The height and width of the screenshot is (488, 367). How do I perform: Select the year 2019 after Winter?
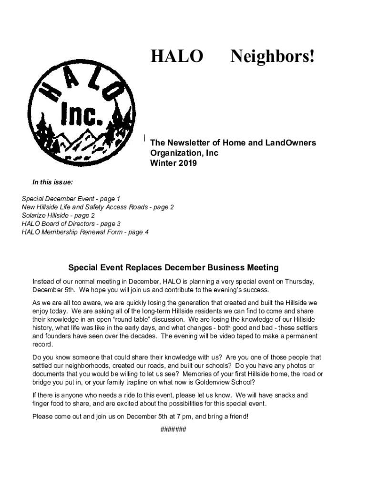[x=187, y=163]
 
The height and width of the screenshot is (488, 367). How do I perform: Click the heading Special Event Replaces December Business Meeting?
[x=173, y=268]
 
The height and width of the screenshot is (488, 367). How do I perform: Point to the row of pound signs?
[x=173, y=429]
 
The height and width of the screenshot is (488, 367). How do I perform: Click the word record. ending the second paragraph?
[x=43, y=345]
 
